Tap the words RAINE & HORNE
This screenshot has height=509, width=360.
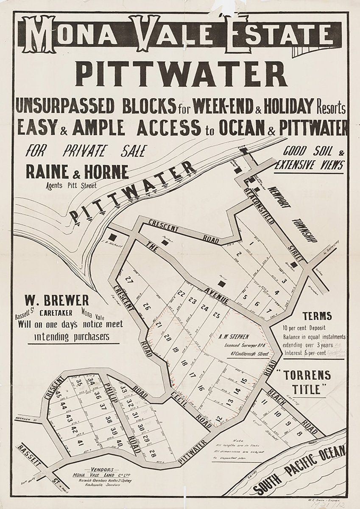(77, 172)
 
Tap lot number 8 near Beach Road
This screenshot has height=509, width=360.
(299, 433)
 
